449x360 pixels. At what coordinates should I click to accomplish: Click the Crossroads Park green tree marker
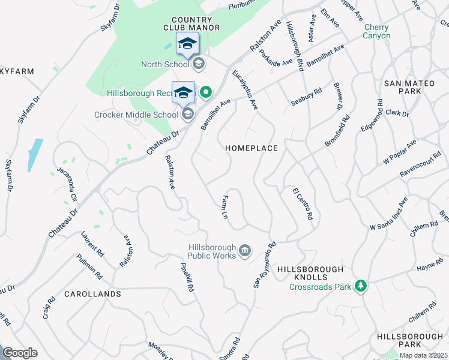(360, 286)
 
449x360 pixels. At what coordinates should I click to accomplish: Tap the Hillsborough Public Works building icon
(244, 250)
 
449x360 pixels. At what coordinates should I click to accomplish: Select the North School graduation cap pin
(187, 43)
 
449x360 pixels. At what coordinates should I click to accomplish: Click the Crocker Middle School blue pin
(183, 93)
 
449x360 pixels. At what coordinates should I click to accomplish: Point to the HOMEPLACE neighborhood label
(252, 148)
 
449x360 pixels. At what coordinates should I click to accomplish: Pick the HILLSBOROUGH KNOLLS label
(310, 274)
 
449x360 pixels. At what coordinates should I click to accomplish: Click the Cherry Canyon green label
(376, 32)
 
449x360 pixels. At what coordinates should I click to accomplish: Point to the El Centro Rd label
(303, 203)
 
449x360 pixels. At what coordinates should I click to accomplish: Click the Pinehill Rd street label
(187, 277)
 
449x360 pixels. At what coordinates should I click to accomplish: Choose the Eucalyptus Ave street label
(245, 90)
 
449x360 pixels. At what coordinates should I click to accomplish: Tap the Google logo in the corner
(20, 353)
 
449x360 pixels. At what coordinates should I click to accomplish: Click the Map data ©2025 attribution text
(423, 355)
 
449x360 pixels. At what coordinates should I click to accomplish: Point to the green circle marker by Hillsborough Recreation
(206, 92)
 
